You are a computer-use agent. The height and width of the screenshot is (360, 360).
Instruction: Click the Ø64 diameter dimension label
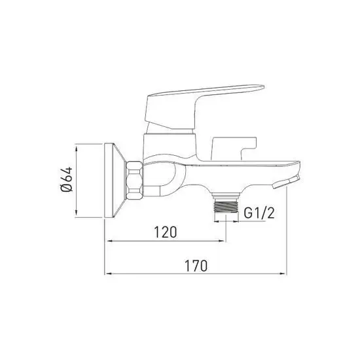[x=65, y=181]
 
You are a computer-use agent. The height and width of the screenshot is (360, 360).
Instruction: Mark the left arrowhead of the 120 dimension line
[x=109, y=242]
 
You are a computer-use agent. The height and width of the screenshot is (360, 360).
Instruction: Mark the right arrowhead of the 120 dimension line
[x=223, y=242]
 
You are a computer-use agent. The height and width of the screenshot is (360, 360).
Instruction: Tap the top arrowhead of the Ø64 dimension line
[x=77, y=147]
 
